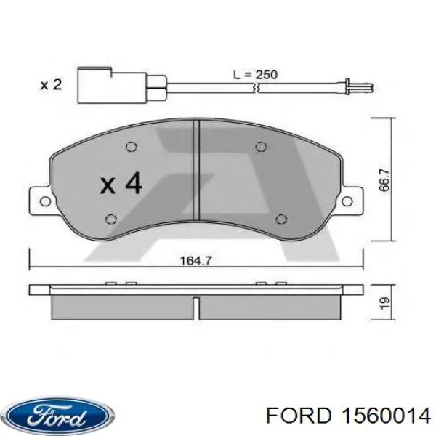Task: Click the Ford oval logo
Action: click(57, 416)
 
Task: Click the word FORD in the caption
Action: click(294, 415)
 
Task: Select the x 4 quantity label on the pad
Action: click(121, 183)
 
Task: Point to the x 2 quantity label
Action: click(50, 85)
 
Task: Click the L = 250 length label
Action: click(254, 74)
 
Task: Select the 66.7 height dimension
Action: click(384, 178)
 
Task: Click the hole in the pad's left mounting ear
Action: click(41, 201)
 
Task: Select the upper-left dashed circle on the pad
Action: click(131, 147)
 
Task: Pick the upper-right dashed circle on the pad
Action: click(260, 147)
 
